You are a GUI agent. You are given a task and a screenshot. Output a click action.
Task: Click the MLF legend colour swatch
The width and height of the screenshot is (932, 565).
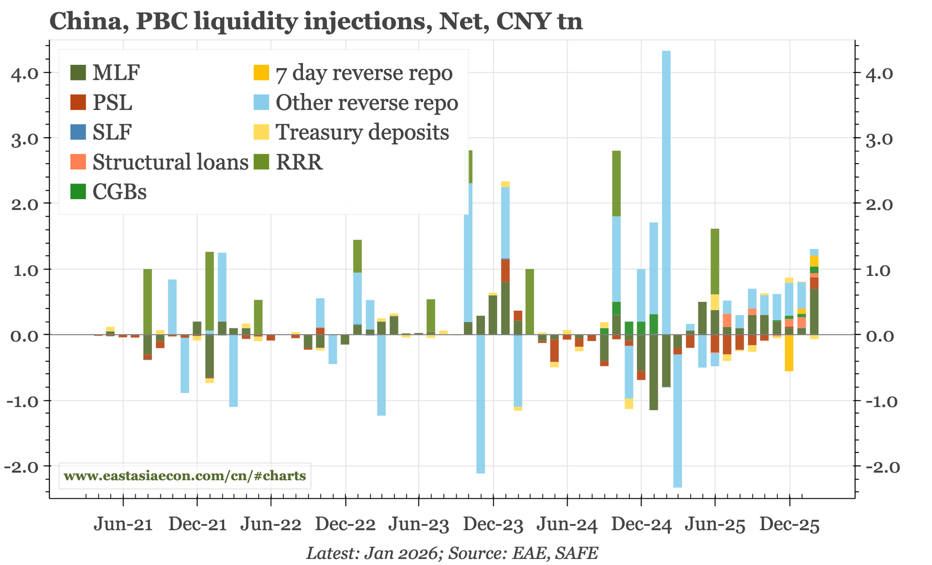point(78,73)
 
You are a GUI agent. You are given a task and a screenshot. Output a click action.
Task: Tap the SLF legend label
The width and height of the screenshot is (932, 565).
point(112,132)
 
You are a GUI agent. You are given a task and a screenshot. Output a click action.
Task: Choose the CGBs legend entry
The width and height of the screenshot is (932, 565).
point(119,192)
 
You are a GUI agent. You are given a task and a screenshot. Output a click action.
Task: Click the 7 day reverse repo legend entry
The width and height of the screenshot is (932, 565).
point(363,73)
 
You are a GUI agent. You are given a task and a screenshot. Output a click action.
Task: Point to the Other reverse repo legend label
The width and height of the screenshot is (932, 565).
point(367,103)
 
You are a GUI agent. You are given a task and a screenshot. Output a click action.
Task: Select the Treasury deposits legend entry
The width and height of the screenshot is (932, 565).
point(362,132)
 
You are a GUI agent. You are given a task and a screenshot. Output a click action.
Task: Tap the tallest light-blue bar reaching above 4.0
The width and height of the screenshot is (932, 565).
point(666,186)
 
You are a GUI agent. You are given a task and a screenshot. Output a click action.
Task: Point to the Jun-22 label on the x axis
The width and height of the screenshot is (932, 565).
point(271,526)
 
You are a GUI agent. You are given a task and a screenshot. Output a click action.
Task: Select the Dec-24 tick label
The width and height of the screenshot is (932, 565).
point(641,526)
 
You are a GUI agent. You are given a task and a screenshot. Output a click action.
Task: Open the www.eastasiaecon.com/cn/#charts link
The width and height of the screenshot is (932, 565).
point(185,476)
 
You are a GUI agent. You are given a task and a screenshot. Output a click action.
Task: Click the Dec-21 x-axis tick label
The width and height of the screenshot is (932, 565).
point(197,526)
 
